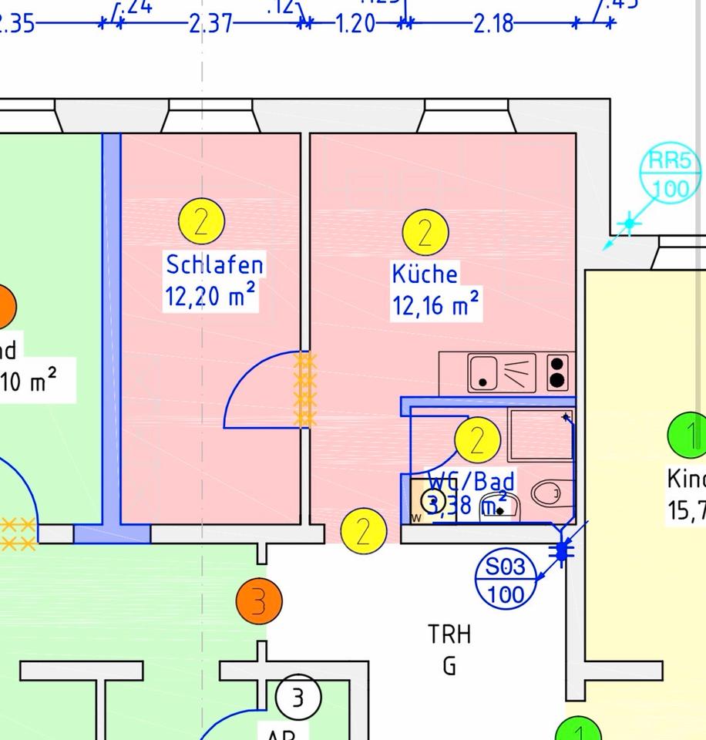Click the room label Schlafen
[x=214, y=264]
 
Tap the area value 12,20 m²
[x=210, y=295]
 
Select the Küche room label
[x=425, y=274]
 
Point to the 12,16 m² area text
[x=435, y=304]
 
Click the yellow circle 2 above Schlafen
[x=201, y=221]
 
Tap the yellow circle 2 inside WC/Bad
[x=478, y=440]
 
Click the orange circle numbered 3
[x=259, y=600]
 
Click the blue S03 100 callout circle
[x=506, y=580]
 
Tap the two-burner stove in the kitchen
[x=557, y=372]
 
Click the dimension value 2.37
[x=210, y=24]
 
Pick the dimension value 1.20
[x=355, y=24]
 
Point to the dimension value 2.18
[x=493, y=24]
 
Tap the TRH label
[x=449, y=635]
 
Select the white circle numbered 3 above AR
[x=298, y=698]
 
